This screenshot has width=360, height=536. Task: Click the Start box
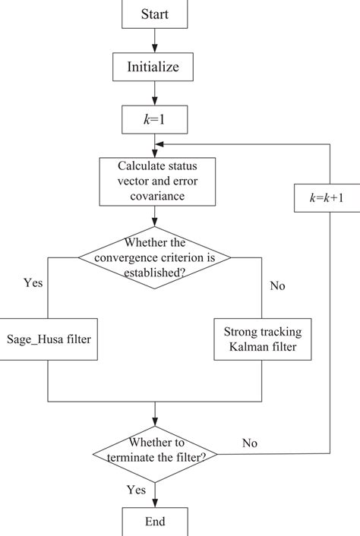click(154, 14)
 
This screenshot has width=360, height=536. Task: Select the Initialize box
click(154, 67)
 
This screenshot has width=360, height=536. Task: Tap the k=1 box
click(154, 119)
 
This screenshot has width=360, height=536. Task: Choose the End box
click(154, 522)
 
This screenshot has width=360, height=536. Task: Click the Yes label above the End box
click(137, 489)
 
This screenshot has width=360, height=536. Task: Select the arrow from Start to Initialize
click(154, 39)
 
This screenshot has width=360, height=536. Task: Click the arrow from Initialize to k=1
click(154, 93)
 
